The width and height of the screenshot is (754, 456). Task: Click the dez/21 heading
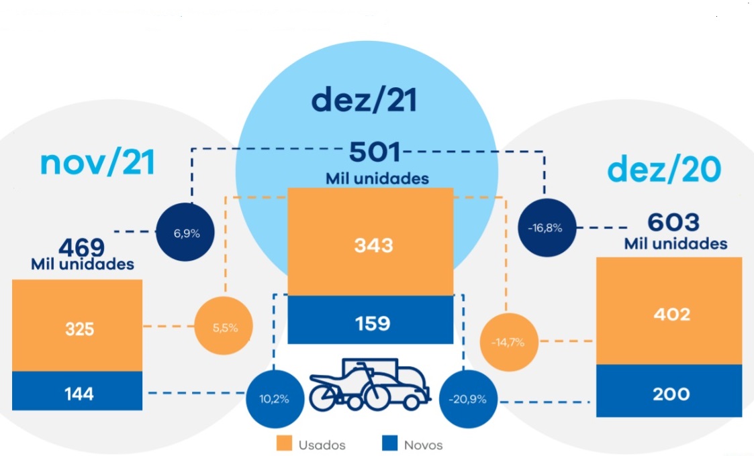[364, 100]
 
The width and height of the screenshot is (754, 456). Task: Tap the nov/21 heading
[97, 163]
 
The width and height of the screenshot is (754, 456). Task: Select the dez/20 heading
[664, 170]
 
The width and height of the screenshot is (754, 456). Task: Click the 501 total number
[375, 153]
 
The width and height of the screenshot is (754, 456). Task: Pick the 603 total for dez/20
[673, 223]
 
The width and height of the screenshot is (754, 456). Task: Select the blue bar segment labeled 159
[371, 324]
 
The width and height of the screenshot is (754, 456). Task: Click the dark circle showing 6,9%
[186, 233]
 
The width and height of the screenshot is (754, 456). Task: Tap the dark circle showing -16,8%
[545, 228]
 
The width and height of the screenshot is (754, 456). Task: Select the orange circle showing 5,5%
[224, 328]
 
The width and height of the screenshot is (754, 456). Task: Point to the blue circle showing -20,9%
[467, 398]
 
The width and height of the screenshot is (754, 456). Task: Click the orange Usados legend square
[283, 444]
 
